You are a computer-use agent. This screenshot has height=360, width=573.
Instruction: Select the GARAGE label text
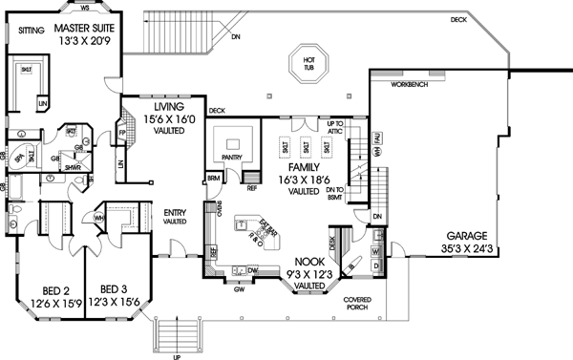464,235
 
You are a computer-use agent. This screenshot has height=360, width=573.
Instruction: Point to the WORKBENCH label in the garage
410,85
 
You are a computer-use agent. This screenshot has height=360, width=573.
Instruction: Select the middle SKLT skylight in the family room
308,148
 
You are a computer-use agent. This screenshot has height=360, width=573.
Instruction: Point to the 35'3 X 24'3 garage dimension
464,246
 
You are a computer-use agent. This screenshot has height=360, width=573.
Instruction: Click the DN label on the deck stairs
235,37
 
